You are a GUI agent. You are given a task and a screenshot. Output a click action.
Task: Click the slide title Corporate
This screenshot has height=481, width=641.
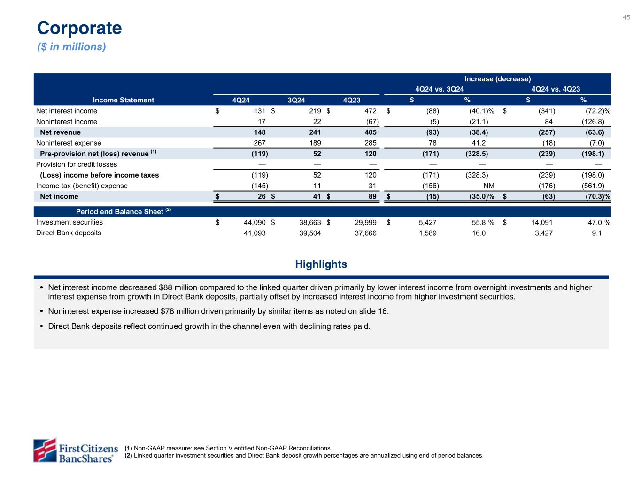pyautogui.click(x=79, y=28)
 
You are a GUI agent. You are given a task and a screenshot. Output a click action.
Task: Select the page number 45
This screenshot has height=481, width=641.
pyautogui.click(x=626, y=17)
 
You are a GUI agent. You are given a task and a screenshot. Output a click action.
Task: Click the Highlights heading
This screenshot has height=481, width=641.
pyautogui.click(x=321, y=264)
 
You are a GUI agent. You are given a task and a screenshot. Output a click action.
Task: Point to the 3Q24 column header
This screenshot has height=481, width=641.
pyautogui.click(x=296, y=100)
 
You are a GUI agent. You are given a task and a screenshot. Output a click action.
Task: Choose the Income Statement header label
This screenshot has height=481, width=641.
pyautogui.click(x=124, y=100)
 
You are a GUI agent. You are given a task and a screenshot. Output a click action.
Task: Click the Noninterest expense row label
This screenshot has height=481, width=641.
pyautogui.click(x=69, y=143)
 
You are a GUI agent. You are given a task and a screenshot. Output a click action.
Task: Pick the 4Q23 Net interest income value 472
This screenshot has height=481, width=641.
pyautogui.click(x=370, y=111)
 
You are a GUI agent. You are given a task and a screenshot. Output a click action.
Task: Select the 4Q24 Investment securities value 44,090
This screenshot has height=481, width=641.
pyautogui.click(x=254, y=222)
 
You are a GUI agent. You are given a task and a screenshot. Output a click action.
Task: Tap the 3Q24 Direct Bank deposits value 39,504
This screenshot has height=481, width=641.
pyautogui.click(x=309, y=233)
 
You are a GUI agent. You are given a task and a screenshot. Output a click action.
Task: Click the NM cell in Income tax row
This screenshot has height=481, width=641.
pyautogui.click(x=488, y=186)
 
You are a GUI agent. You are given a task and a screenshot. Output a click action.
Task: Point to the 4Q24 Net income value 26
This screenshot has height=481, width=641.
pyautogui.click(x=261, y=196)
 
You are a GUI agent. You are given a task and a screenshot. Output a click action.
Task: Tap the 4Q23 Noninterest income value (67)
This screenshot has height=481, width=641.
pyautogui.click(x=371, y=122)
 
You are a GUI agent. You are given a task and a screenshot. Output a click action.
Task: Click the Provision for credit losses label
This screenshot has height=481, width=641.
pyautogui.click(x=77, y=164)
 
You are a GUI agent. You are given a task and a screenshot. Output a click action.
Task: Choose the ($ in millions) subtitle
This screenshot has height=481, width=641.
pyautogui.click(x=71, y=47)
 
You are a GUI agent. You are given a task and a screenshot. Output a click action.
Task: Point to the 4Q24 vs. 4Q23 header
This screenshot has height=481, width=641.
pyautogui.click(x=556, y=89)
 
